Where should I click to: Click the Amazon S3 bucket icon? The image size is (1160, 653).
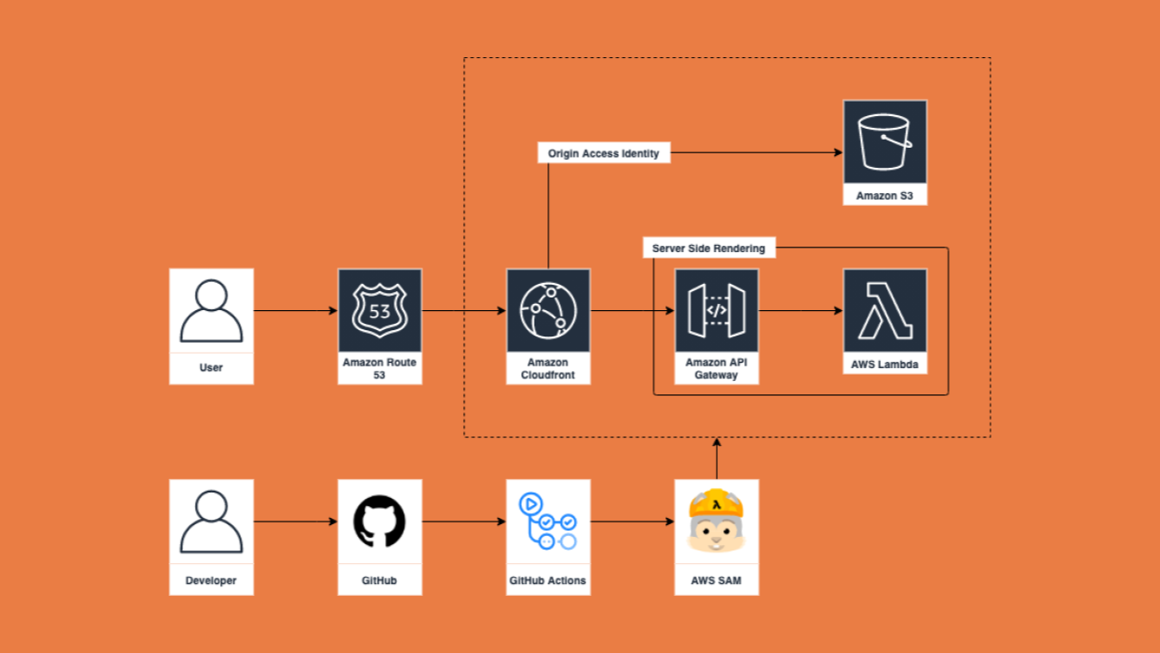pos(884,141)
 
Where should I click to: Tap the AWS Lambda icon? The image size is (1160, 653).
pos(884,310)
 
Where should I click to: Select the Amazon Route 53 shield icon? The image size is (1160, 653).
pos(380,310)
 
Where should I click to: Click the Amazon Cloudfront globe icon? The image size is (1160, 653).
pos(548,310)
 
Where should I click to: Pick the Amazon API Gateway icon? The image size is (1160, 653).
pos(716,310)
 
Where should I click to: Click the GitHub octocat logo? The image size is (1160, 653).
pos(380,521)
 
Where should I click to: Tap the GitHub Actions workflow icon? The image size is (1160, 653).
pos(548,521)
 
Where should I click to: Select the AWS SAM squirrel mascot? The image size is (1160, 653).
pos(716,521)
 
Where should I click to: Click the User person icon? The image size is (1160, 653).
pos(211,310)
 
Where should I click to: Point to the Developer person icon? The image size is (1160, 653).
pos(211,521)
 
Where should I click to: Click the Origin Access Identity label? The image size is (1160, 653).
pos(604,153)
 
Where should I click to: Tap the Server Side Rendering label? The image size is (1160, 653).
pos(709,248)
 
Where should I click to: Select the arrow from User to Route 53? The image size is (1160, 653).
pos(295,311)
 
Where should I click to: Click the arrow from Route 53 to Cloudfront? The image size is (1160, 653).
pos(464,311)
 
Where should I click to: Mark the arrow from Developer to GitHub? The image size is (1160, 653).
pos(295,521)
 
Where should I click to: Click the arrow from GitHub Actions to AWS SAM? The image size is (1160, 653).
pos(633,521)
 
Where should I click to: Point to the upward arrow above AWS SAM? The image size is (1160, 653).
pos(717,458)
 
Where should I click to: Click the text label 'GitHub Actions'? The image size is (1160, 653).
pos(548,580)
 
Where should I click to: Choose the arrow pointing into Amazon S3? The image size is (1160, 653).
pos(758,153)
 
